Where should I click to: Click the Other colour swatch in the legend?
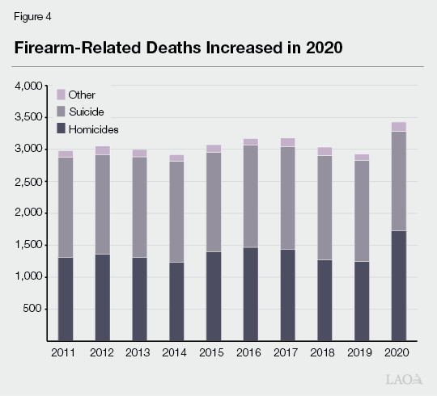pos(61,95)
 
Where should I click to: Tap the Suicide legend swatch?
pos(61,112)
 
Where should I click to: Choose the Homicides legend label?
pos(95,128)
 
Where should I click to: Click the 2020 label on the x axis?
pos(398,352)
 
